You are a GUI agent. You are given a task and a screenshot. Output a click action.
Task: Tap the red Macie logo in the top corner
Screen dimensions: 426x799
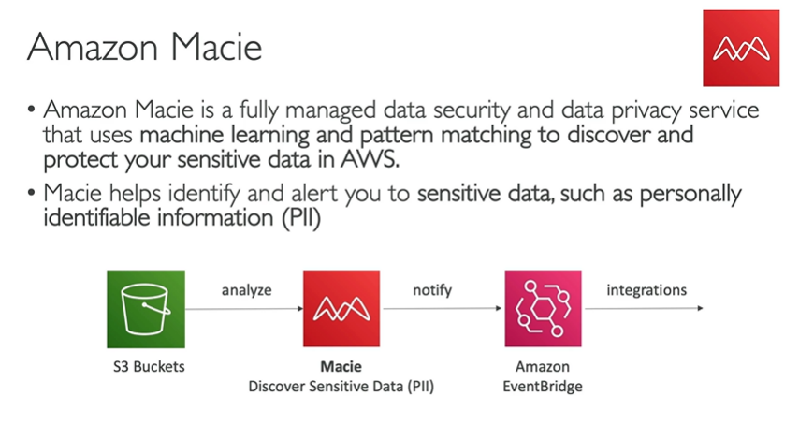tap(740, 49)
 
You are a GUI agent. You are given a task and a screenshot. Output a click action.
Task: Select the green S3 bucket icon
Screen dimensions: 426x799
tap(145, 308)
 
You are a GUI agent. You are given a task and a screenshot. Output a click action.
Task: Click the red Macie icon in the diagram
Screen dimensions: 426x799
tap(341, 308)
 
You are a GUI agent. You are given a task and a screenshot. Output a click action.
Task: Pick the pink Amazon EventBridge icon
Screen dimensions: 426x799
tap(543, 308)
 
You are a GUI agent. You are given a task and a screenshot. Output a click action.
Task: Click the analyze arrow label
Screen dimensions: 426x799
tap(247, 290)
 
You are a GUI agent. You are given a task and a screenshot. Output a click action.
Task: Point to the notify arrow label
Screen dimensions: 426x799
tap(432, 290)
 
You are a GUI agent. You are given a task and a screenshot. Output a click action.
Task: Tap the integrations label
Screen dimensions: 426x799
tap(646, 290)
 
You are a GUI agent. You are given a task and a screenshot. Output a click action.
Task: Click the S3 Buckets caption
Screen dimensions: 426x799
tap(145, 366)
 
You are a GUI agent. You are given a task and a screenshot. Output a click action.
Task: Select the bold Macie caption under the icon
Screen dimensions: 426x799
tap(341, 366)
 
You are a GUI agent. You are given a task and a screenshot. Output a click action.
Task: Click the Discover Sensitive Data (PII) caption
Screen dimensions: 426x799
tap(341, 385)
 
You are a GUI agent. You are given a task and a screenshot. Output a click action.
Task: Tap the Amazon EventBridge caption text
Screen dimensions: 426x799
tap(543, 375)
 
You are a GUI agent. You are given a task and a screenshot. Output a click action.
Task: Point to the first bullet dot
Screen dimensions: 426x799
tap(34, 110)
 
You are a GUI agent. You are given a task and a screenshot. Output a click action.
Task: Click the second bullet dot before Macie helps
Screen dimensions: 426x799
tap(34, 196)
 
